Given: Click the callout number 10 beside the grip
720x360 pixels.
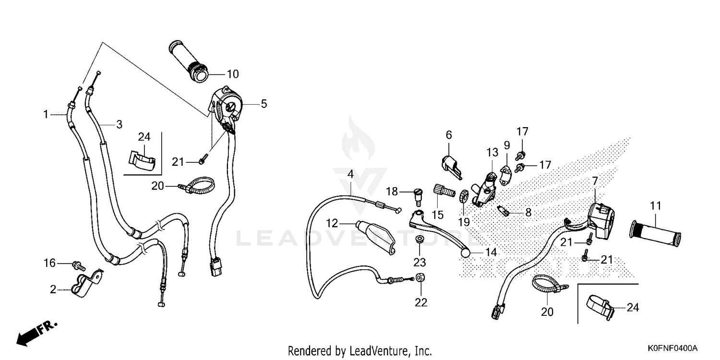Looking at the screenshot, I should (232, 74).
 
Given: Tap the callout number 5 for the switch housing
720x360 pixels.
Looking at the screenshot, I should (264, 103).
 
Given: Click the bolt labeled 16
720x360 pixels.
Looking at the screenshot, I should (78, 264).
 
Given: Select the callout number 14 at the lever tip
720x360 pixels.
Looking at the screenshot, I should (491, 252).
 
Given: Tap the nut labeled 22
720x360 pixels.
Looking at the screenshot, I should (420, 278).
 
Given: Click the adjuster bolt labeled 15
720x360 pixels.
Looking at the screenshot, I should (444, 190).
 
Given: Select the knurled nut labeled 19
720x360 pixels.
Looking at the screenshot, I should (464, 196).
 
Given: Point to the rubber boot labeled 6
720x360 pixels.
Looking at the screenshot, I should (450, 165).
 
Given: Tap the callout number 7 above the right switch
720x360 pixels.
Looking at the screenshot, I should (595, 181).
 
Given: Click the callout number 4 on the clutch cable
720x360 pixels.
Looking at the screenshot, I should (351, 174).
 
